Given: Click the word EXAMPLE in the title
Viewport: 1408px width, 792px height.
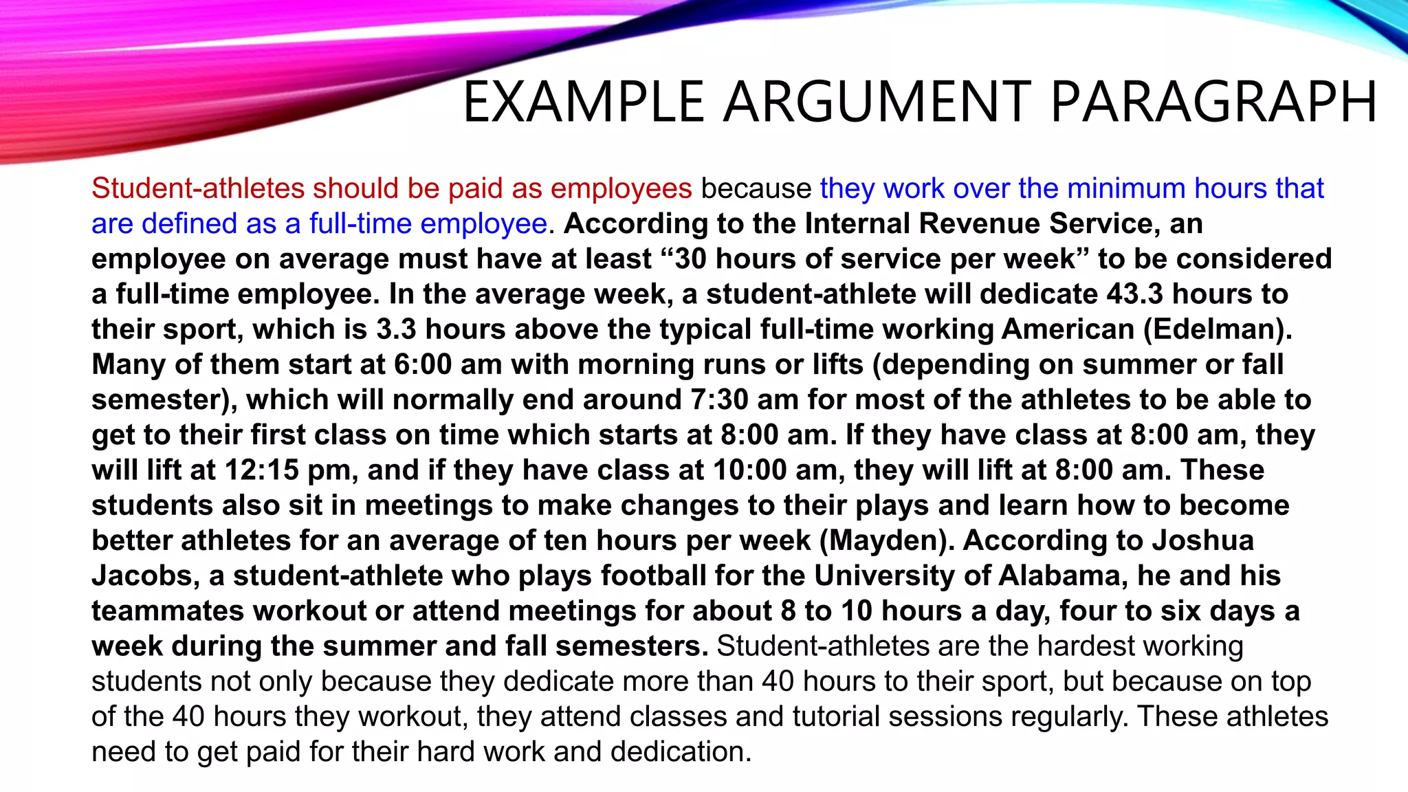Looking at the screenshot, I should click(x=584, y=102).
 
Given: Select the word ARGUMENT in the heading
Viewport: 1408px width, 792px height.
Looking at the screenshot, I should click(x=877, y=102).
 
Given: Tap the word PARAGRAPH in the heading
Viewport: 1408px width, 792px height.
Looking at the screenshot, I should click(x=1213, y=102).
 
